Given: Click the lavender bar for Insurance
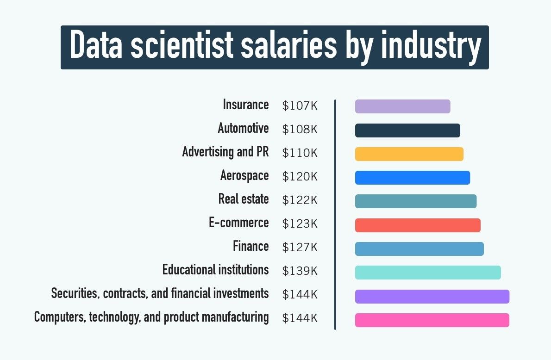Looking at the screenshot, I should point(402,106).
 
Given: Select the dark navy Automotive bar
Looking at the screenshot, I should point(407,130).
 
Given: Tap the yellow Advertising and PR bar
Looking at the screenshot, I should point(409,154).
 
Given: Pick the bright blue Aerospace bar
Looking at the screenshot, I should point(412,178).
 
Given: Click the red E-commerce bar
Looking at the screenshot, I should point(418,225).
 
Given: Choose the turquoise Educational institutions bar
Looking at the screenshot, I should point(428,273).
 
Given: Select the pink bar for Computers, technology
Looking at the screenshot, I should point(432,320).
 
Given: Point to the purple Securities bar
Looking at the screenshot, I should point(432,297).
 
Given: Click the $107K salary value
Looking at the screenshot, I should point(300,106).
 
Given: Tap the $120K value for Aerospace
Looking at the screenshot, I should point(300,177).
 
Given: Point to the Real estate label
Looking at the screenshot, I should point(243,199).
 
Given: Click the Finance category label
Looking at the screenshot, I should point(250,246).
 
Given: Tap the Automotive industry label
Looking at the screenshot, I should point(243,128).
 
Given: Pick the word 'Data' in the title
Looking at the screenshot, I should point(96,47).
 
